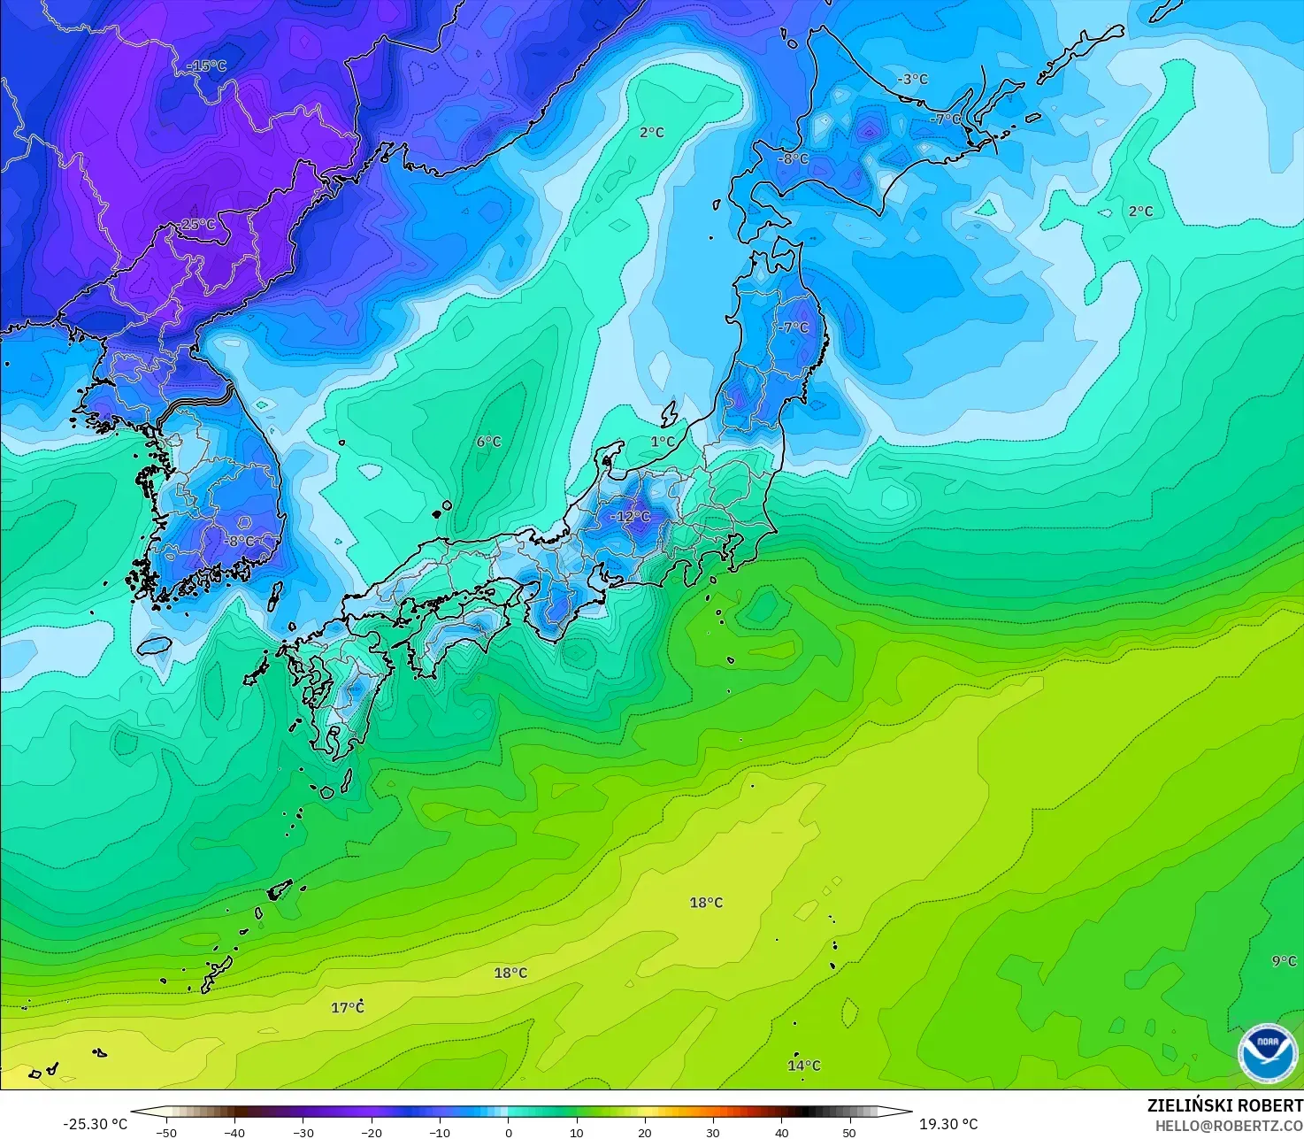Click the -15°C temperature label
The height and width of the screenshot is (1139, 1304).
pos(206,66)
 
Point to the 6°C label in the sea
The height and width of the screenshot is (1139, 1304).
pos(488,442)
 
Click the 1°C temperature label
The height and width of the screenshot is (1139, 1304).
pos(663,442)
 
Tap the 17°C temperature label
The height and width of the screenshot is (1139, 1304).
pos(348,1007)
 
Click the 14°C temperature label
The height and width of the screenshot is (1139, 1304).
pos(804,1066)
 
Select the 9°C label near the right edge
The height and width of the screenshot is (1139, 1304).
pos(1285,961)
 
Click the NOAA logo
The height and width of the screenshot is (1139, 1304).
pos(1268,1052)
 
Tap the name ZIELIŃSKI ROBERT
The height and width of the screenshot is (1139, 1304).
pos(1224,1105)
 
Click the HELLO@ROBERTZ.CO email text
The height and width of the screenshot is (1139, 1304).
pos(1229,1125)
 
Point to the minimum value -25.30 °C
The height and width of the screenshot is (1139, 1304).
pos(95,1124)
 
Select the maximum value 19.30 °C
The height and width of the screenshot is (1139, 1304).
pos(948,1124)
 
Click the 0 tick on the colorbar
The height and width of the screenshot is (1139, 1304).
pos(509,1132)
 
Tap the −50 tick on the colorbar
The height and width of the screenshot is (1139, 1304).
pos(165,1132)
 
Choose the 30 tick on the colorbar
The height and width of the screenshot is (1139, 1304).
pos(713,1132)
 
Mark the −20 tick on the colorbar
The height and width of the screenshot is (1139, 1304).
pos(371,1132)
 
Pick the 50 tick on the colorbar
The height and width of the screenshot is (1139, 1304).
pos(849,1132)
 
